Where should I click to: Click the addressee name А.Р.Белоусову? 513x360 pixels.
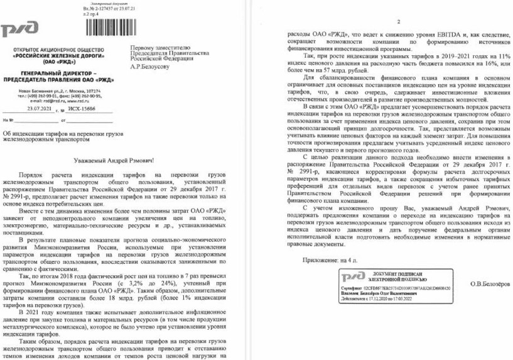coord(150,68)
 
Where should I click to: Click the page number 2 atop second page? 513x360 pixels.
coord(381,21)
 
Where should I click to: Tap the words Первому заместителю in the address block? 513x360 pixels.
coord(156,48)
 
